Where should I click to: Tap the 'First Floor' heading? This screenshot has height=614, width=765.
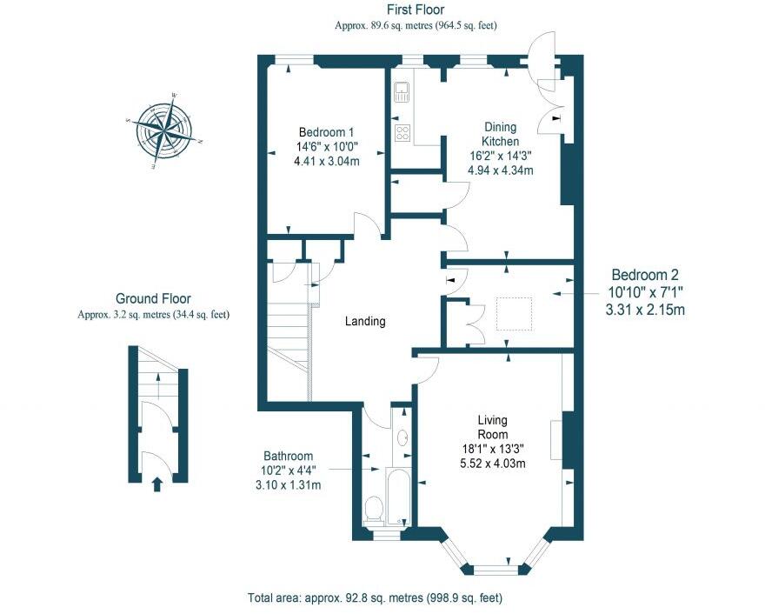pos(416,10)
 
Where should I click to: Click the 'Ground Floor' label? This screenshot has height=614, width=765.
pos(153,298)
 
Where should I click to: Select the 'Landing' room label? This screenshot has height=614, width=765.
pos(365,321)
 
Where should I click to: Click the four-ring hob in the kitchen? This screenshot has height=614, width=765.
pos(403,132)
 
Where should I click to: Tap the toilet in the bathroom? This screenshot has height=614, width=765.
pos(374,509)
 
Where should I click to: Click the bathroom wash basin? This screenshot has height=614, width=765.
pos(403,437)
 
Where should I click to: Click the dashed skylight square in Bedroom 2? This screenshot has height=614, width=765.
pos(514,314)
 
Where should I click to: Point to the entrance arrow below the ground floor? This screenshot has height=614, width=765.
pos(157,484)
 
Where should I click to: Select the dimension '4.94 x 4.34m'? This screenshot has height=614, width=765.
pos(500,170)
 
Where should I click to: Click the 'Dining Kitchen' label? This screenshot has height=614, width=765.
pos(501,134)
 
